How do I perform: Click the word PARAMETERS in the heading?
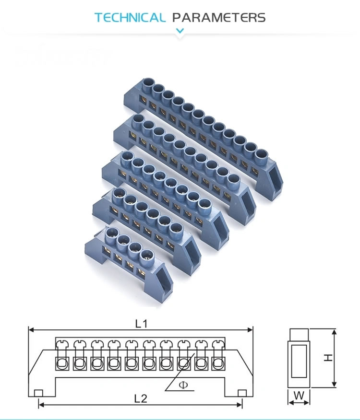click(x=219, y=18)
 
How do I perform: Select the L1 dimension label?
click(x=141, y=324)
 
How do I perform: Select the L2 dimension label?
click(x=141, y=398)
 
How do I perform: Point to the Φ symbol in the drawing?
click(x=182, y=385)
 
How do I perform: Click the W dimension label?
click(x=299, y=397)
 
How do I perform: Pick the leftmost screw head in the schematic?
click(x=62, y=344)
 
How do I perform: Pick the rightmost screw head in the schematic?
click(x=219, y=344)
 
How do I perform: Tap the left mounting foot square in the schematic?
click(x=38, y=393)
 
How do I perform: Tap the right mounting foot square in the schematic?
click(x=242, y=393)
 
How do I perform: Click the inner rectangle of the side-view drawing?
click(x=299, y=359)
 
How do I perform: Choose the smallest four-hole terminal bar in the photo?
click(x=130, y=254)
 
